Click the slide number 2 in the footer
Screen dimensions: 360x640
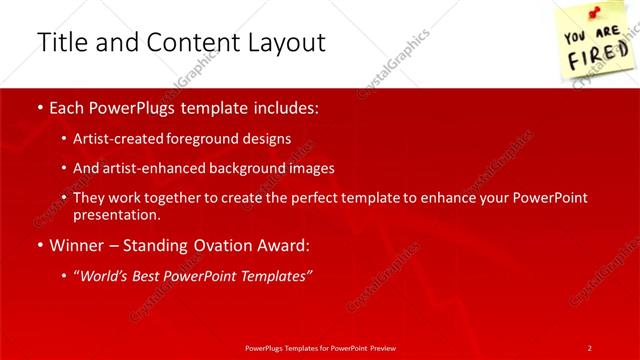click(x=589, y=347)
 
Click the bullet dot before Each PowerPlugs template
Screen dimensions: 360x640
click(x=38, y=107)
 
